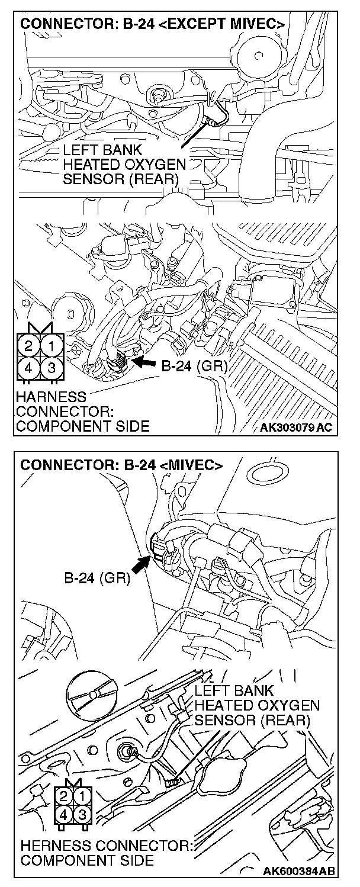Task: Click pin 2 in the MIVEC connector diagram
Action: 63,796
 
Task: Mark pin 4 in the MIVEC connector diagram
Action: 63,815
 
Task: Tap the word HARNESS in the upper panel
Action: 52,396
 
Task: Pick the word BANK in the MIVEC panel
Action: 253,691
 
